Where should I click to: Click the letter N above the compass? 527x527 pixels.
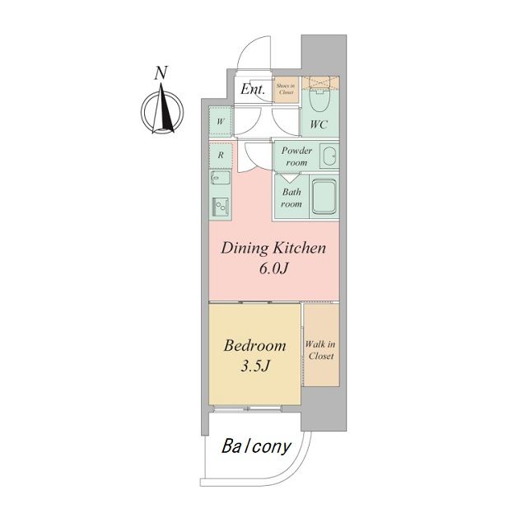click(161, 73)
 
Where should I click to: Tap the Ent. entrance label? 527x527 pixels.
click(253, 89)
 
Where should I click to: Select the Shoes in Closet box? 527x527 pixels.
click(286, 90)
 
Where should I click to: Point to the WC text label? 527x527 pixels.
click(319, 124)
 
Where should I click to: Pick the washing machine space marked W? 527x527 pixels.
click(221, 121)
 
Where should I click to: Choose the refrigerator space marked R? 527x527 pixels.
click(221, 155)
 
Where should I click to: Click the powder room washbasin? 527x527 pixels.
click(329, 156)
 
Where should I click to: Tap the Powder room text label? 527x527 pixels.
click(296, 156)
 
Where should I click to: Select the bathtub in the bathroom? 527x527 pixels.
click(324, 196)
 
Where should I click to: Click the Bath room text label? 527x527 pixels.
click(291, 198)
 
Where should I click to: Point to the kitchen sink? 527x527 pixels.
click(221, 177)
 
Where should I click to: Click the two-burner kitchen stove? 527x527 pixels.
click(221, 207)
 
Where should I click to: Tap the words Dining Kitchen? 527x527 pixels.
click(273, 248)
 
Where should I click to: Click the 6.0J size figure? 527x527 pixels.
click(274, 268)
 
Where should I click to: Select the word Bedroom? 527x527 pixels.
click(254, 346)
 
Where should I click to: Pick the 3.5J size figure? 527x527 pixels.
click(255, 366)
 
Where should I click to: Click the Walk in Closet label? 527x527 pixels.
click(320, 350)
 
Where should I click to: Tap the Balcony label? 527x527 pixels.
click(256, 446)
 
